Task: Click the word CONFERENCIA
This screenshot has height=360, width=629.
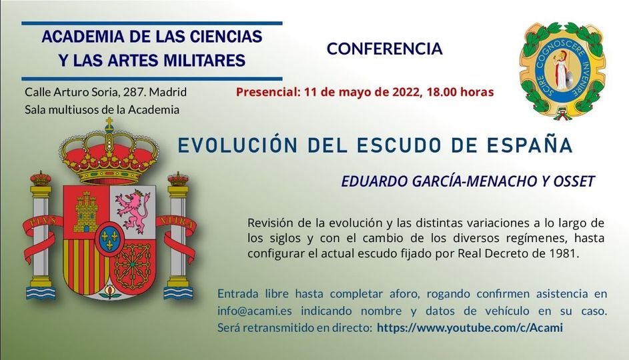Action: [384, 49]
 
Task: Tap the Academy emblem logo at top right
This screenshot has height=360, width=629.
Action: [563, 69]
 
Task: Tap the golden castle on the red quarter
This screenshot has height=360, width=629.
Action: [86, 211]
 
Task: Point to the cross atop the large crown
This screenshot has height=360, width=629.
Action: [109, 123]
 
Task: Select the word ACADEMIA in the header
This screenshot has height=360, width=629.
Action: [73, 37]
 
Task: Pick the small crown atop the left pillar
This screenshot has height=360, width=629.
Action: [41, 178]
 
